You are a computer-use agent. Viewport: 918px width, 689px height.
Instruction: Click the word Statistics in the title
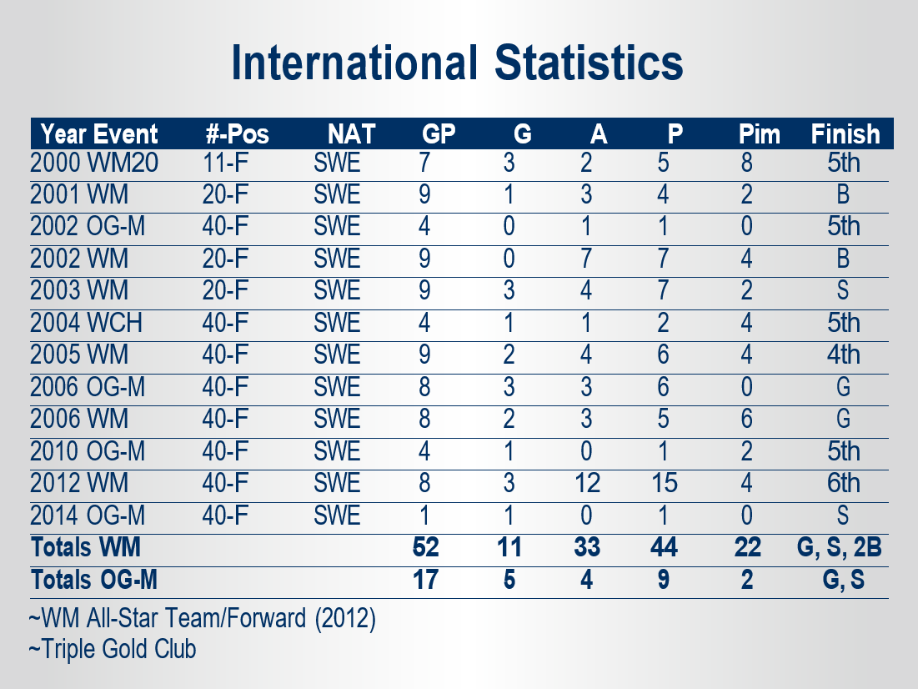point(589,63)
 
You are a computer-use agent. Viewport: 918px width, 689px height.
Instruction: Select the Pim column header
point(760,134)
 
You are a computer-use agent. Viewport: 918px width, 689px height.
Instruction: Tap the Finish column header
point(845,134)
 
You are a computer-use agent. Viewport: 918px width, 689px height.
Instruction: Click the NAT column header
point(351,134)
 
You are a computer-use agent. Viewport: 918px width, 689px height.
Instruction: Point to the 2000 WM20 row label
point(94,163)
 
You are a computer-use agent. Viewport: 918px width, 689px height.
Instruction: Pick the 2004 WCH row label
point(86,323)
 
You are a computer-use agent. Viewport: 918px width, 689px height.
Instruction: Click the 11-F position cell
point(225,163)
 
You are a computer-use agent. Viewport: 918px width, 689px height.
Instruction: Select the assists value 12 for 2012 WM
point(587,483)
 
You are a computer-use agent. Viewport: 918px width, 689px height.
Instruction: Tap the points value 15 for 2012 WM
point(664,483)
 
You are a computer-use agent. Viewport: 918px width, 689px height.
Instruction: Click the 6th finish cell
point(844,483)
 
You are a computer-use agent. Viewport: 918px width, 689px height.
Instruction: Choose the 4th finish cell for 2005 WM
point(844,355)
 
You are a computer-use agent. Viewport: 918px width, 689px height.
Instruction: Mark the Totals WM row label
point(86,547)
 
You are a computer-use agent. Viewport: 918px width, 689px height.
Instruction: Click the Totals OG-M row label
point(94,580)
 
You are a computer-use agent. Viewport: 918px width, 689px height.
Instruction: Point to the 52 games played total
point(425,547)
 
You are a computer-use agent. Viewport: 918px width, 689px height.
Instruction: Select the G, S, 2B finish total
point(839,547)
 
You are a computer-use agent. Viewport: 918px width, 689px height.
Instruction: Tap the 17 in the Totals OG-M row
point(425,580)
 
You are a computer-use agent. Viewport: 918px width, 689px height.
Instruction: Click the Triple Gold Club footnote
point(113,649)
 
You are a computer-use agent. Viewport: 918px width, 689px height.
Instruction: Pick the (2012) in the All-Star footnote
point(345,618)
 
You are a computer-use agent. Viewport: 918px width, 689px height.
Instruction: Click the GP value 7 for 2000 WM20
point(424,163)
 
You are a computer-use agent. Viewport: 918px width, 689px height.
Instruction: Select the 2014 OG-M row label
point(88,515)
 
